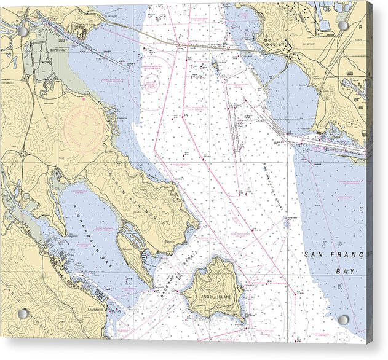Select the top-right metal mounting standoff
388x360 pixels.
click(343, 26)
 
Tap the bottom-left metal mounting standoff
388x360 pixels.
click(22, 314)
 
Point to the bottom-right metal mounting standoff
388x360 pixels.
click(343, 320)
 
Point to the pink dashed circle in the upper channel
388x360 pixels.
click(151, 84)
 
